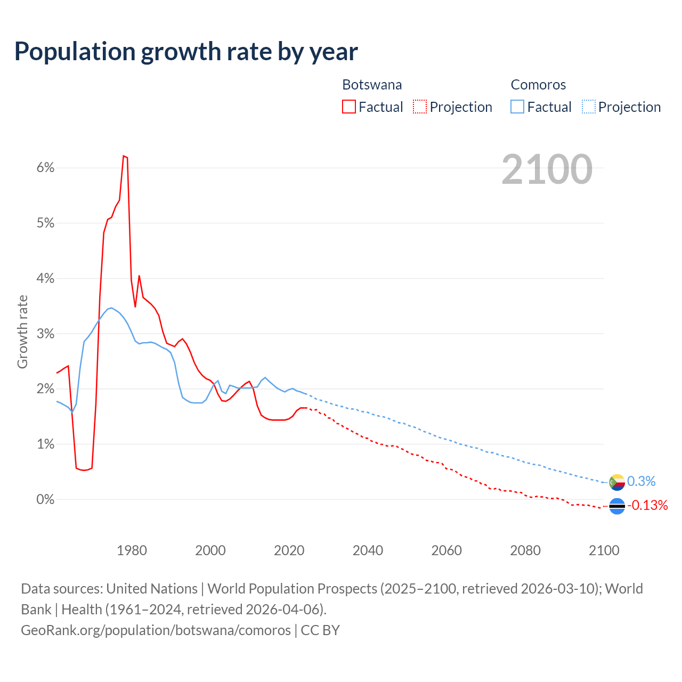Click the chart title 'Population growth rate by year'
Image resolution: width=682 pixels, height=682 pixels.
pyautogui.click(x=186, y=52)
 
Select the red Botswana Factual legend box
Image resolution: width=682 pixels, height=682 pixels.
pyautogui.click(x=349, y=107)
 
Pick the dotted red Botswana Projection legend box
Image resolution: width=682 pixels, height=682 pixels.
pyautogui.click(x=420, y=107)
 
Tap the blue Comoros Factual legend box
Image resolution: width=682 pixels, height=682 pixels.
pyautogui.click(x=517, y=107)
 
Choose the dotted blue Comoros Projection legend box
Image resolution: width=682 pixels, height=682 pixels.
pyautogui.click(x=588, y=107)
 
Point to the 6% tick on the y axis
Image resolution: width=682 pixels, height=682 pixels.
pyautogui.click(x=45, y=168)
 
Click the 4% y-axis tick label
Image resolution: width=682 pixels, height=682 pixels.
pyautogui.click(x=45, y=279)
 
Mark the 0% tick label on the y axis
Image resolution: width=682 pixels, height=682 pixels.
pyautogui.click(x=45, y=500)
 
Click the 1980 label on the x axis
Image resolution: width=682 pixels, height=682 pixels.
pyautogui.click(x=132, y=550)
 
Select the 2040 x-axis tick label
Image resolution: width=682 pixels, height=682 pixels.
pyautogui.click(x=368, y=550)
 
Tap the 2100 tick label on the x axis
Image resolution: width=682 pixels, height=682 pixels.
pyautogui.click(x=604, y=550)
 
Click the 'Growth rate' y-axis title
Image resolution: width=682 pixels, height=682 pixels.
pyautogui.click(x=22, y=331)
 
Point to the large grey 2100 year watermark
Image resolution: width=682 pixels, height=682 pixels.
pyautogui.click(x=547, y=169)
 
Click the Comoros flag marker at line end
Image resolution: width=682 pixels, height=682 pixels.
pyautogui.click(x=617, y=482)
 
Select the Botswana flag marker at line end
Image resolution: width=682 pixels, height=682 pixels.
pyautogui.click(x=617, y=506)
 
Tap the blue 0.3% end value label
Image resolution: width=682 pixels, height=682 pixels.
pyautogui.click(x=641, y=482)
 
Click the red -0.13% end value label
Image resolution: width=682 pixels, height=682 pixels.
pyautogui.click(x=647, y=505)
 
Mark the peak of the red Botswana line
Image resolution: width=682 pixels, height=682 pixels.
pyautogui.click(x=124, y=156)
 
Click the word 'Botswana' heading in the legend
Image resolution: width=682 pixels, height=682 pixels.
pyautogui.click(x=372, y=85)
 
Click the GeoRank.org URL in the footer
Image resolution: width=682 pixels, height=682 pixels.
pyautogui.click(x=156, y=630)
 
